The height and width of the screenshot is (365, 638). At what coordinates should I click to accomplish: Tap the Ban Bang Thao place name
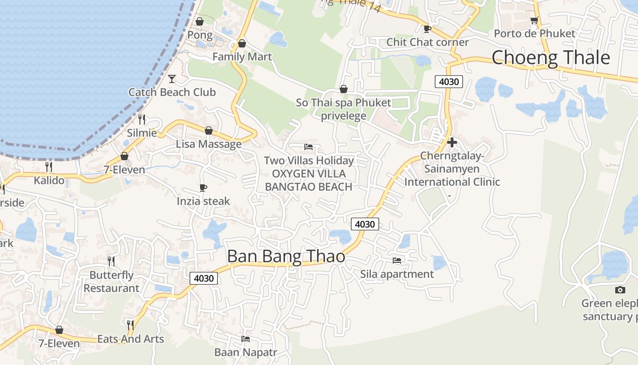point(286,256)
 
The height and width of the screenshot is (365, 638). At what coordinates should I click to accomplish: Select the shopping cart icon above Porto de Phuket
point(534,21)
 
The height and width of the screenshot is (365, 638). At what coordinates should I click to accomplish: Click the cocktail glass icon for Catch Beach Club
point(172,79)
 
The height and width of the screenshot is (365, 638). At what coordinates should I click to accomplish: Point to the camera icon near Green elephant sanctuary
point(620,290)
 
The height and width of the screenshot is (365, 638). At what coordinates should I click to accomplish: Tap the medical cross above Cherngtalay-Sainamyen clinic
point(452,142)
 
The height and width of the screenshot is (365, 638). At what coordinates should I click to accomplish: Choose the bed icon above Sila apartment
point(397,260)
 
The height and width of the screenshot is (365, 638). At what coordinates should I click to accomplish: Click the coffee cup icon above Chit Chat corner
point(427,29)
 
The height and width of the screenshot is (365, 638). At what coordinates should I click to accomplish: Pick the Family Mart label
point(242,57)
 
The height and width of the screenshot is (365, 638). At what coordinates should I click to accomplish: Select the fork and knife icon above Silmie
point(142,120)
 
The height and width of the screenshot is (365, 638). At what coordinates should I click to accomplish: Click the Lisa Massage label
point(209,144)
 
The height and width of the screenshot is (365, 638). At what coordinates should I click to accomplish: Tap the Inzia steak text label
point(203,201)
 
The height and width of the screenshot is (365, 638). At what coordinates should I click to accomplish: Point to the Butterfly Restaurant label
point(111,282)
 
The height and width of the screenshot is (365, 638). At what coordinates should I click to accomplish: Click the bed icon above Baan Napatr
point(246,339)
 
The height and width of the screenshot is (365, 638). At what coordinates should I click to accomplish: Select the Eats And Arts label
point(131,339)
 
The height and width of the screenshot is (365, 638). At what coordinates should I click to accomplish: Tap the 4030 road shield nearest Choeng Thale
point(449,82)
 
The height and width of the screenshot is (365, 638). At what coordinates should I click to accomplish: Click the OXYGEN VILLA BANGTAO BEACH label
point(309,180)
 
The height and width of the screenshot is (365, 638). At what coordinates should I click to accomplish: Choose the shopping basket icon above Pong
point(199,21)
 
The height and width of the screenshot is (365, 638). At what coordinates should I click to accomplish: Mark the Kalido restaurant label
point(49,180)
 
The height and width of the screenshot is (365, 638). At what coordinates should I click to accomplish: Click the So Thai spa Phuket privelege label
point(344,109)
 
